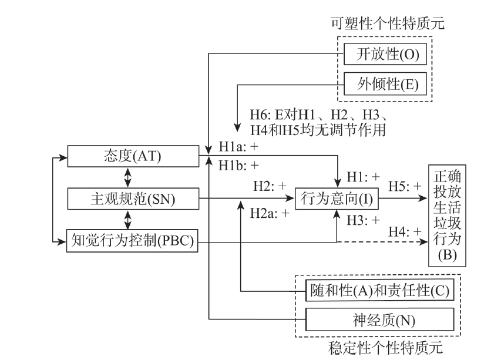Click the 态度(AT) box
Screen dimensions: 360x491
[132, 157]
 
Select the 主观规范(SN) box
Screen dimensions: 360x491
[132, 198]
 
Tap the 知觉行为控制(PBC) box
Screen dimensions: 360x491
[132, 240]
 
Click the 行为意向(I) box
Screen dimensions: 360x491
[337, 199]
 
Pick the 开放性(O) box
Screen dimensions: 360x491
[387, 55]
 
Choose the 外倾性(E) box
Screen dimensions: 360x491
[387, 83]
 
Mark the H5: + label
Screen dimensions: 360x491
[405, 186]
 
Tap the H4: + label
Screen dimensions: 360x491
[405, 232]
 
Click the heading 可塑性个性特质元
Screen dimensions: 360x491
[387, 25]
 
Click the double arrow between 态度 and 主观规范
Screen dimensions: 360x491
[127, 178]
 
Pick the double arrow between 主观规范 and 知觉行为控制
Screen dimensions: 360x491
[127, 220]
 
